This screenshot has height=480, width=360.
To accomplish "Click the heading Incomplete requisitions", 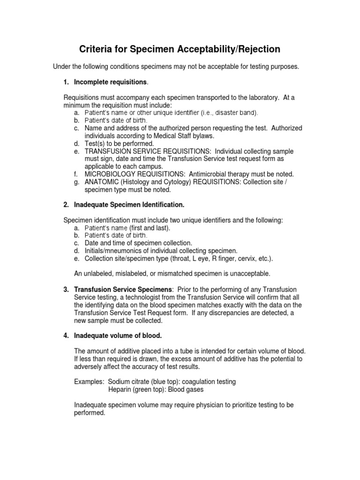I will coord(111,82).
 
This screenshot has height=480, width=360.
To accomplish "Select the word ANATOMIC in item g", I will coord(101,182).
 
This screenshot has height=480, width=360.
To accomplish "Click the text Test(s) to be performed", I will coord(119,143).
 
